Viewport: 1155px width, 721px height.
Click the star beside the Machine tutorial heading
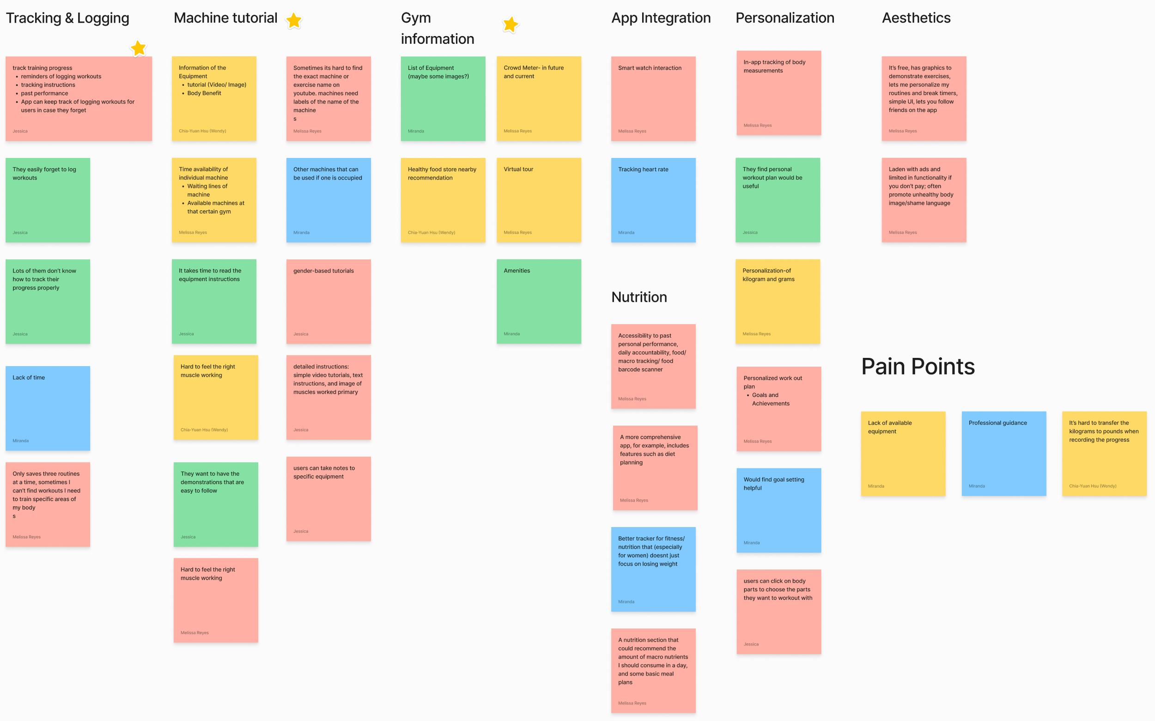tap(294, 20)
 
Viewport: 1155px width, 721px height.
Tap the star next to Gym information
tap(510, 24)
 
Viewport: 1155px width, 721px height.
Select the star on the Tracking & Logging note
tap(138, 48)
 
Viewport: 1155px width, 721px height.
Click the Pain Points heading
tap(918, 367)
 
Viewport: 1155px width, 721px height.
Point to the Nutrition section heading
tap(639, 297)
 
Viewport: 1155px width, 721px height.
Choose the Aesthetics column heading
tap(916, 18)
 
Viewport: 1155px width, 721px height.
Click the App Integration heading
tap(661, 18)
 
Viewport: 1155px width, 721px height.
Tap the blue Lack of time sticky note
tap(48, 408)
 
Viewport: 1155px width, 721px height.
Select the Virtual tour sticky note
tap(539, 200)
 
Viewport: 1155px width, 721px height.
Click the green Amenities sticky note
tap(539, 301)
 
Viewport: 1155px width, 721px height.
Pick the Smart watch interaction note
tap(653, 99)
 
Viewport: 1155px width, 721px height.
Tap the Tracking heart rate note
tap(653, 200)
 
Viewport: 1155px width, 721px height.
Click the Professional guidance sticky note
tap(1004, 454)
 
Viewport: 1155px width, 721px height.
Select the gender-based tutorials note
tap(328, 301)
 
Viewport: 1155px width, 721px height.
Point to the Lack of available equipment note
tap(903, 454)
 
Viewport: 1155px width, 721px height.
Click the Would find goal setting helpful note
tap(779, 510)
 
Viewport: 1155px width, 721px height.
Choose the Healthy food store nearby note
tap(443, 200)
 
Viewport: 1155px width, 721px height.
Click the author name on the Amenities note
tap(512, 334)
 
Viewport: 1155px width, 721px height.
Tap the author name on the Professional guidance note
tap(977, 486)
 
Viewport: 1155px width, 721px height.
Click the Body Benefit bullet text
tap(204, 93)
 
